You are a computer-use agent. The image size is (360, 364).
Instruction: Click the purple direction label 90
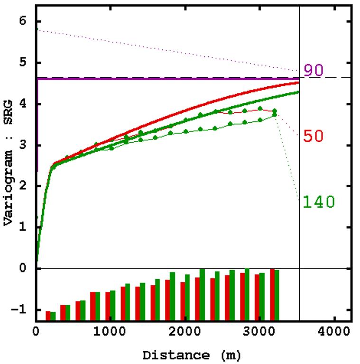314,70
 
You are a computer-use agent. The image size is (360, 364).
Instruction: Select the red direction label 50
314,136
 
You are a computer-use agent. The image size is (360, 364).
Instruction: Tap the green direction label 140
319,202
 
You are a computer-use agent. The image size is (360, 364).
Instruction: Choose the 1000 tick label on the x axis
110,331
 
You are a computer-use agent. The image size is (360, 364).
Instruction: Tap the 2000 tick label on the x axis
185,331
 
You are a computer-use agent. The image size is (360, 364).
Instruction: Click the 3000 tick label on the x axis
259,331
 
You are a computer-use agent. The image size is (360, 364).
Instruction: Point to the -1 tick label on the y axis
20,310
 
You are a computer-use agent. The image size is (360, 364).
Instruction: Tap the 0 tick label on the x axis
36,331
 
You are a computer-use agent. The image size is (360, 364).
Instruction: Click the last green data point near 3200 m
275,114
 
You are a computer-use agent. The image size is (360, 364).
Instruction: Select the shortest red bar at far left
48,316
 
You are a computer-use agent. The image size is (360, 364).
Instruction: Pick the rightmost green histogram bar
277,295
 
